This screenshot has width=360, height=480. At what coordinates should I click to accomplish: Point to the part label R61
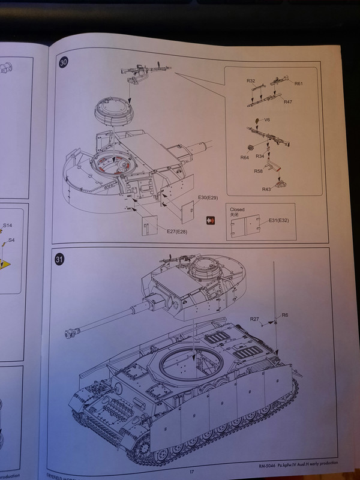click(298, 83)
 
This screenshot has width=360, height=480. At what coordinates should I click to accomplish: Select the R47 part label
click(287, 103)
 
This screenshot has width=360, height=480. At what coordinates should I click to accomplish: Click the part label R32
click(251, 80)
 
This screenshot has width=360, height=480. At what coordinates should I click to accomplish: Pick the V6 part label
click(259, 120)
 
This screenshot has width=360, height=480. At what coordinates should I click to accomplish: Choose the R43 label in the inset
click(266, 190)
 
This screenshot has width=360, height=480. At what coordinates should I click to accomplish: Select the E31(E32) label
click(280, 220)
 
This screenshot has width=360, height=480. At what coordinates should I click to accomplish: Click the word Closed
click(238, 209)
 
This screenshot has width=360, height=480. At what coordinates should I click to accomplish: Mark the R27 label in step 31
click(255, 319)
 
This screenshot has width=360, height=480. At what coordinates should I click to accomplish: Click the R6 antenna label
click(285, 315)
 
